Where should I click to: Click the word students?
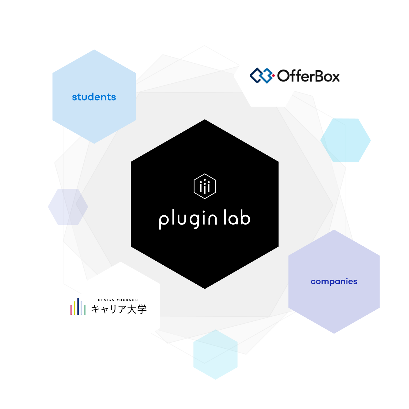[94, 97]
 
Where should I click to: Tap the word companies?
[334, 282]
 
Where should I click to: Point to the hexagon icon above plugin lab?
[205, 186]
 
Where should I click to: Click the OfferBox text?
[308, 76]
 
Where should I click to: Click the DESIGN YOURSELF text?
[119, 300]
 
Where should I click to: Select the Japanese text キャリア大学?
[119, 309]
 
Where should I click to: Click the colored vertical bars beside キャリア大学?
[78, 307]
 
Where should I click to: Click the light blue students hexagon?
[94, 116]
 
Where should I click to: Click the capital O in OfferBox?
[284, 76]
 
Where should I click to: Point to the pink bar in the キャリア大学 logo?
[71, 309]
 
